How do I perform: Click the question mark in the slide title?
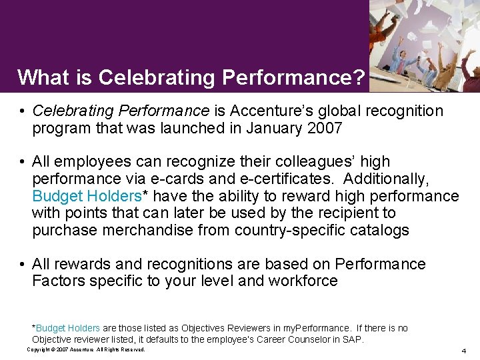click(x=359, y=78)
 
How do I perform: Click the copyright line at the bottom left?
click(x=86, y=349)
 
